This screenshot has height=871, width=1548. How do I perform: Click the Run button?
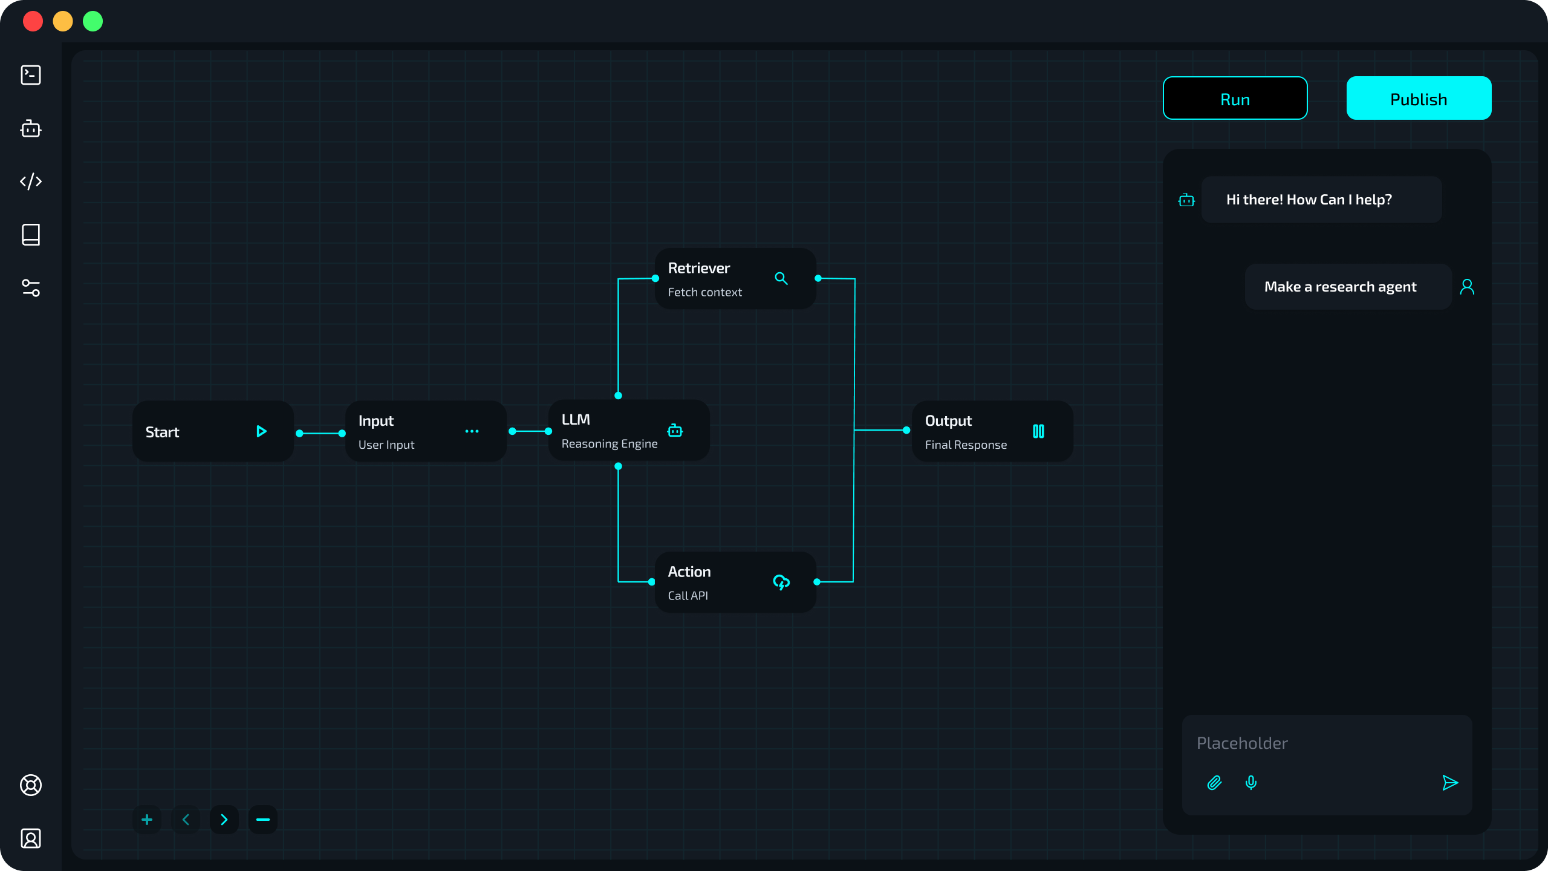point(1235,99)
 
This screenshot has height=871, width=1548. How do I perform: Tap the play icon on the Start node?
point(261,431)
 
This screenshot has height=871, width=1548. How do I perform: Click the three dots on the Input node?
point(472,431)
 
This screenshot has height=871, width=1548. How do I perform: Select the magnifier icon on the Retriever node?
point(781,278)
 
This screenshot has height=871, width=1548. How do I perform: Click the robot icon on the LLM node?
point(675,431)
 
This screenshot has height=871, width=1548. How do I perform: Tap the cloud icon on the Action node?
point(781,582)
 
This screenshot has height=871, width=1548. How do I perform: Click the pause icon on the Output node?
point(1038,431)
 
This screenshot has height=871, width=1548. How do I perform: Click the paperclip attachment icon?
point(1214,783)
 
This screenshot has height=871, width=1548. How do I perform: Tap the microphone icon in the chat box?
point(1251,783)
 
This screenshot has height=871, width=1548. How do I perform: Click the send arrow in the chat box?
point(1449,783)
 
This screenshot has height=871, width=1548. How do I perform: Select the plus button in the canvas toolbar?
point(147,820)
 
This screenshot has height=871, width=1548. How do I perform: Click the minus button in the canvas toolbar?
point(262,820)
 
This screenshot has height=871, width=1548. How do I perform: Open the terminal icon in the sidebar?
point(31,75)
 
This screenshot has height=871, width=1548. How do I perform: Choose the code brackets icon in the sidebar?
point(31,181)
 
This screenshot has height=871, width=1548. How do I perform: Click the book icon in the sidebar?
point(31,235)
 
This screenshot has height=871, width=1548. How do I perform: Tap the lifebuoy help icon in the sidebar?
point(31,785)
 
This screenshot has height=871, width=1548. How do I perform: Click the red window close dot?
point(33,21)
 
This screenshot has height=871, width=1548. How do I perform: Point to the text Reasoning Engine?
point(609,444)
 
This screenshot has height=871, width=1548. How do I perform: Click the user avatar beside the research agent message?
point(1467,287)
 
